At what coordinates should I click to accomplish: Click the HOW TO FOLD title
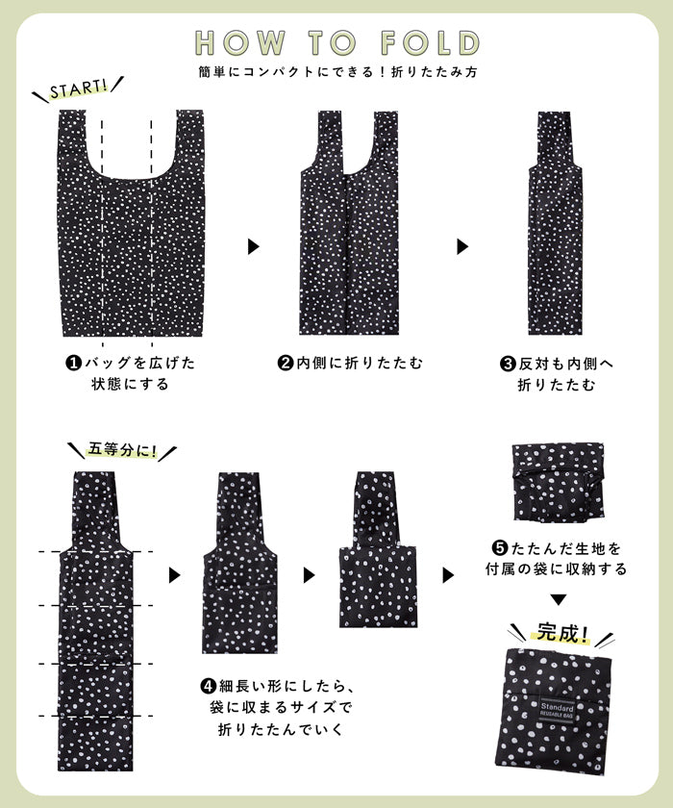coord(337,42)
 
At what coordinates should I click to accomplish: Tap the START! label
coord(78,88)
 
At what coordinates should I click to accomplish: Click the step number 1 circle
coord(74,363)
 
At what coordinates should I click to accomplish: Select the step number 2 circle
coord(286,363)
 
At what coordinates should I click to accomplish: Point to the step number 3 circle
coord(508,364)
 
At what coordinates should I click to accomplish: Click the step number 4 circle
coord(208,687)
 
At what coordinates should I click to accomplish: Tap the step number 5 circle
coord(500,547)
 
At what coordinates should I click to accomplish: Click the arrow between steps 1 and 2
coord(254,246)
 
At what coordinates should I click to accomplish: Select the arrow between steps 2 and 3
coord(462,246)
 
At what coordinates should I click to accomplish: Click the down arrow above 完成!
coord(559,600)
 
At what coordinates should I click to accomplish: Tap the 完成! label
coord(561,632)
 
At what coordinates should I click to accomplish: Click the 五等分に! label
coord(122,450)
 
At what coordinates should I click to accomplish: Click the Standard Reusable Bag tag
coord(557,712)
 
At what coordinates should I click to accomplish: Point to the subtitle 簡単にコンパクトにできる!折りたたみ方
coord(337,71)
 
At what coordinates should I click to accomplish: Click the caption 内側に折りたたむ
coord(360,364)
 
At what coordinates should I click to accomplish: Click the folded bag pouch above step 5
coord(559,482)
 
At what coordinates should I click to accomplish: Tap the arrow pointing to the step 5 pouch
coord(448,575)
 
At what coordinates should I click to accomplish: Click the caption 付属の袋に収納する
coord(556,568)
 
